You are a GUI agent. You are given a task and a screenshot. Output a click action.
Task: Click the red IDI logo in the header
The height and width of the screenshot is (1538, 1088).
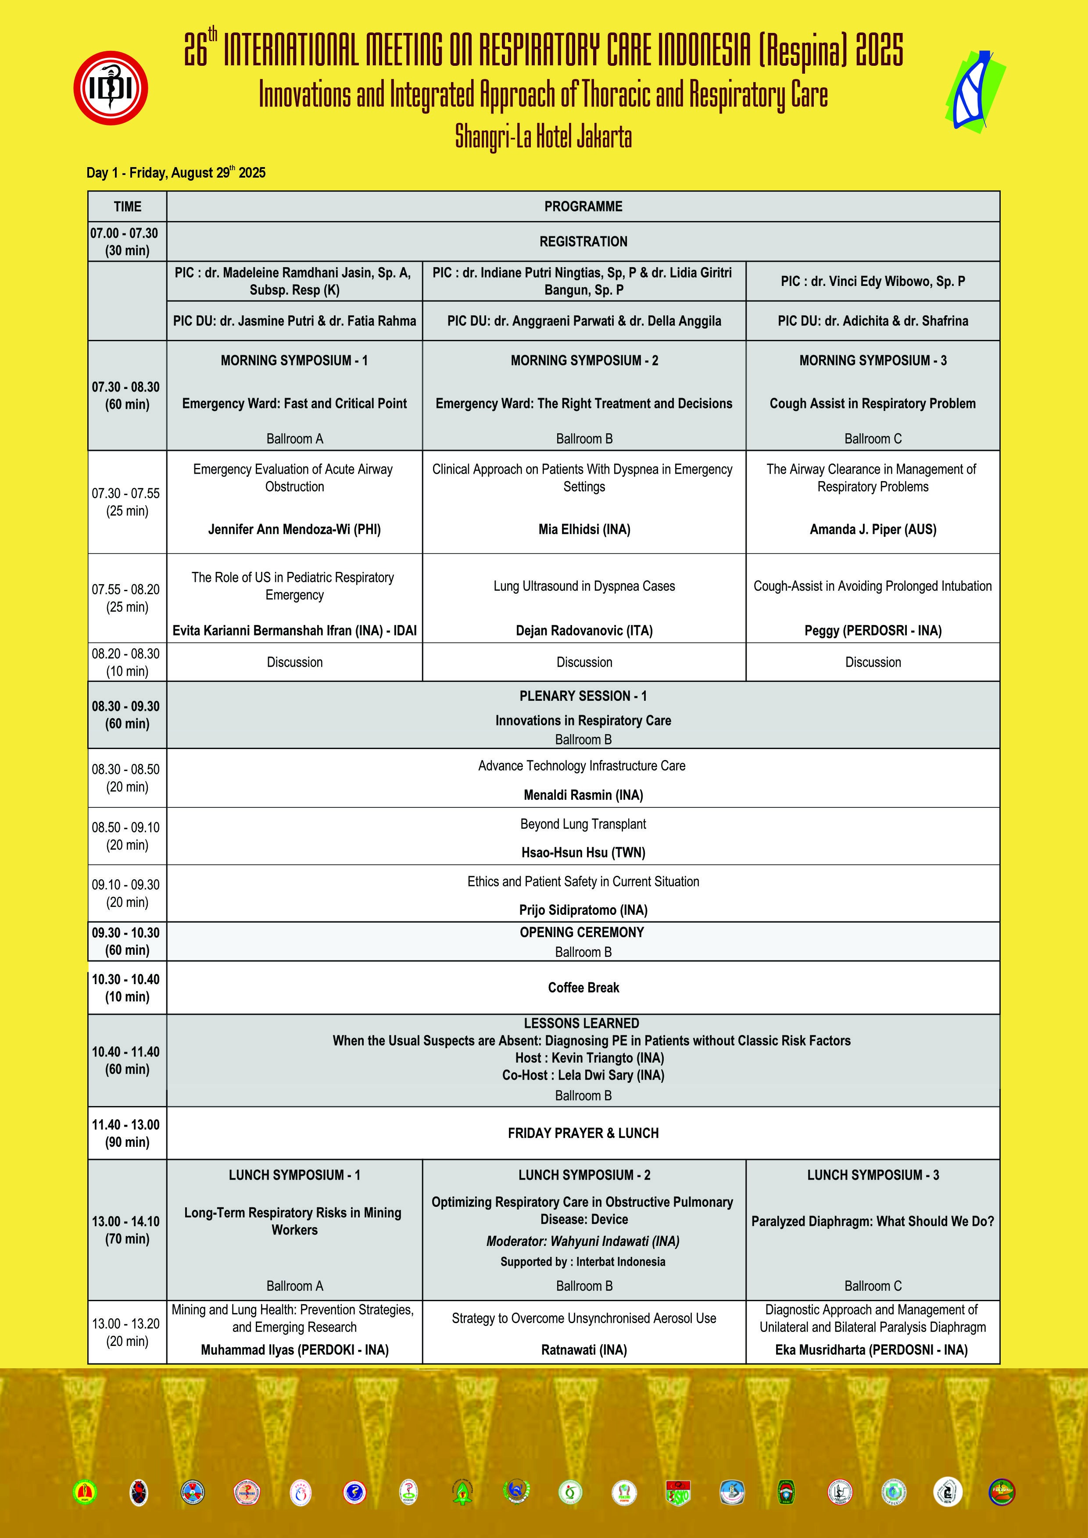[x=111, y=88]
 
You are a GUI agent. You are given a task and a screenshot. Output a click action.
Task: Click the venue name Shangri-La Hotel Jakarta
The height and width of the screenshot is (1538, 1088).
[x=543, y=137]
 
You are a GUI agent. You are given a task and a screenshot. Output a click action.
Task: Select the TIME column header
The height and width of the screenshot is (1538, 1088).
[x=127, y=206]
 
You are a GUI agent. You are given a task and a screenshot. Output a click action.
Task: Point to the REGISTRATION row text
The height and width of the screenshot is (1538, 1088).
[x=583, y=241]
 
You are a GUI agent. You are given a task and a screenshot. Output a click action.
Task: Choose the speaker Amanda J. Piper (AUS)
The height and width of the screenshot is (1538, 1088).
[x=873, y=529]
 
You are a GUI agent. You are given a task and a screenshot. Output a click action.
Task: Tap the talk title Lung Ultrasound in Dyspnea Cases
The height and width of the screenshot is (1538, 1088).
[x=584, y=586]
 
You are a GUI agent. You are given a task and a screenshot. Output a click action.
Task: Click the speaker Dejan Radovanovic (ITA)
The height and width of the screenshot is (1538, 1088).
[x=584, y=630]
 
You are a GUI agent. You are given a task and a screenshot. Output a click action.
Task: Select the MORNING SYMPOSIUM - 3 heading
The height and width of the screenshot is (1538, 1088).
[x=873, y=360]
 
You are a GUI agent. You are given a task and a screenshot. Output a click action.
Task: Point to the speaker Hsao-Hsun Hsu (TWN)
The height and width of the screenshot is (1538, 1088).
[x=583, y=853]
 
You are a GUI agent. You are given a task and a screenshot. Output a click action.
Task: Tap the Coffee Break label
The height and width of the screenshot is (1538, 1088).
[x=583, y=987]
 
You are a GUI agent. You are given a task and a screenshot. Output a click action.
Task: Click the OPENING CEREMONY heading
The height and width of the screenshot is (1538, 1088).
[x=582, y=932]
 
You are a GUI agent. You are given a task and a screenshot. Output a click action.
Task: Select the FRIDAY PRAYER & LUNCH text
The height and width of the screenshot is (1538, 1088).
[x=583, y=1133]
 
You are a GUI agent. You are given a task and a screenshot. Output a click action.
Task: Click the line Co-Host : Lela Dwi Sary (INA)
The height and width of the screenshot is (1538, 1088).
[x=583, y=1075]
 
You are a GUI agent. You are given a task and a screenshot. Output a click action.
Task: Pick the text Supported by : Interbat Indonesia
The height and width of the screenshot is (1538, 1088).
[x=583, y=1262]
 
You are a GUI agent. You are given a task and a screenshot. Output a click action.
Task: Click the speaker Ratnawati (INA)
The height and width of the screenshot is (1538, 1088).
[x=584, y=1350]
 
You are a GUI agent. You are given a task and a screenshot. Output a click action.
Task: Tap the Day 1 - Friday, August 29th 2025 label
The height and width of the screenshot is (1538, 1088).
[x=176, y=173]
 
